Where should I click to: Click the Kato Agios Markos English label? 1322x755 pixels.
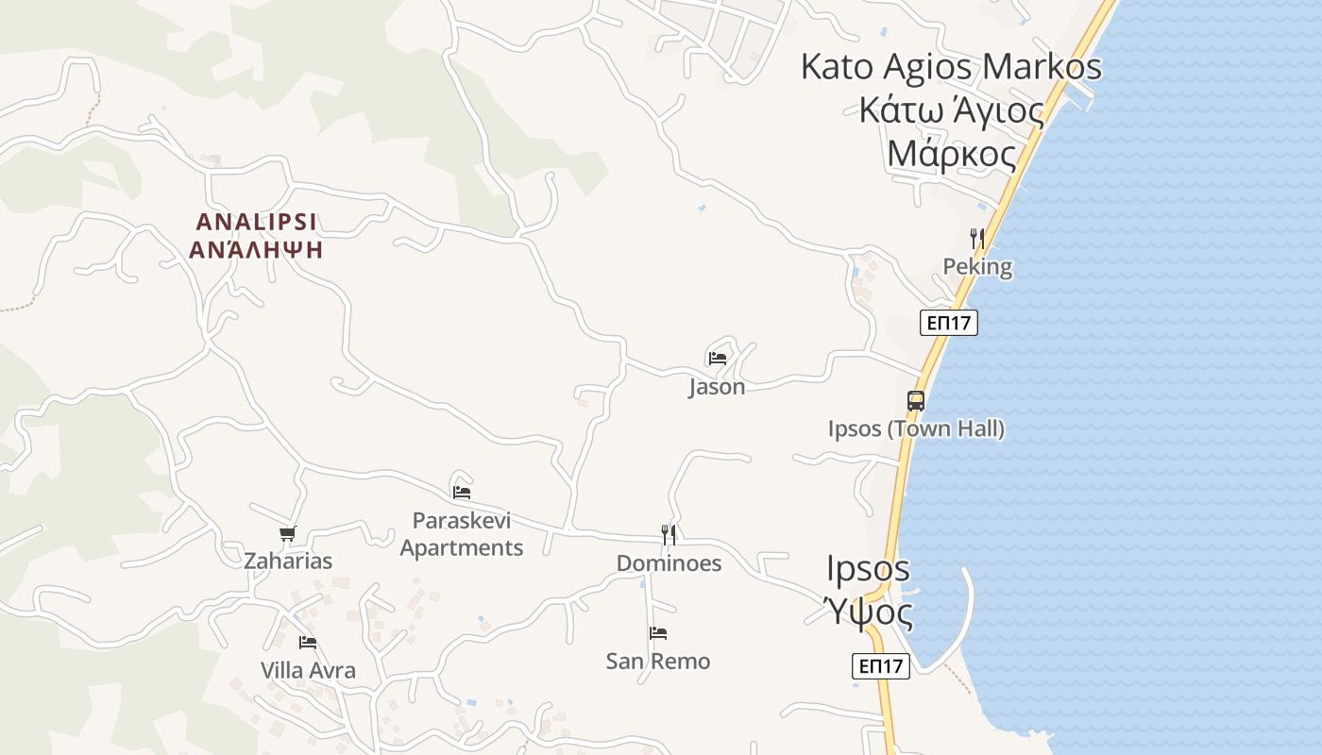click(x=951, y=67)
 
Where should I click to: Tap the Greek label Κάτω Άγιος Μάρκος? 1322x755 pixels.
click(x=952, y=132)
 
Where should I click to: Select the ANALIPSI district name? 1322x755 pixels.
click(x=256, y=223)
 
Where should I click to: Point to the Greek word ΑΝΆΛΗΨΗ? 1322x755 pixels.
click(x=256, y=250)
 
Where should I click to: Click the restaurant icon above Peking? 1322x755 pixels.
click(x=977, y=238)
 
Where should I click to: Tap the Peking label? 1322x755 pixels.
click(x=977, y=267)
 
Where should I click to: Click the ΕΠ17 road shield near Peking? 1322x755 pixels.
click(x=949, y=323)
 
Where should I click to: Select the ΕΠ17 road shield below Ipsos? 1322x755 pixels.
click(x=881, y=666)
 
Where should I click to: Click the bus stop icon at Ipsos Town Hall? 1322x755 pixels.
click(x=916, y=400)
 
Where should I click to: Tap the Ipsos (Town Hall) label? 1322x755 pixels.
click(x=916, y=429)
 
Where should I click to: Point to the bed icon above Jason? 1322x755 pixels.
click(x=718, y=359)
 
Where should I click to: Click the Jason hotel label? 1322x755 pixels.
click(x=717, y=387)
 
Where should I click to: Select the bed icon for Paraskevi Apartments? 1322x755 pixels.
click(x=462, y=492)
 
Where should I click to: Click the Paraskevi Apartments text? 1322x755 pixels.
click(x=462, y=534)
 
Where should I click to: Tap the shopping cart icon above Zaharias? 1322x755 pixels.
click(x=288, y=533)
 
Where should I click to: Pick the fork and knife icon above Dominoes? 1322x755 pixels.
click(x=669, y=535)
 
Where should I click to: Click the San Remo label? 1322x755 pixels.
click(x=658, y=662)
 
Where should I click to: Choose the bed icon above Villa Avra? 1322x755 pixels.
click(x=308, y=643)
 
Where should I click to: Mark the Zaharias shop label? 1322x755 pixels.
click(x=288, y=562)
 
